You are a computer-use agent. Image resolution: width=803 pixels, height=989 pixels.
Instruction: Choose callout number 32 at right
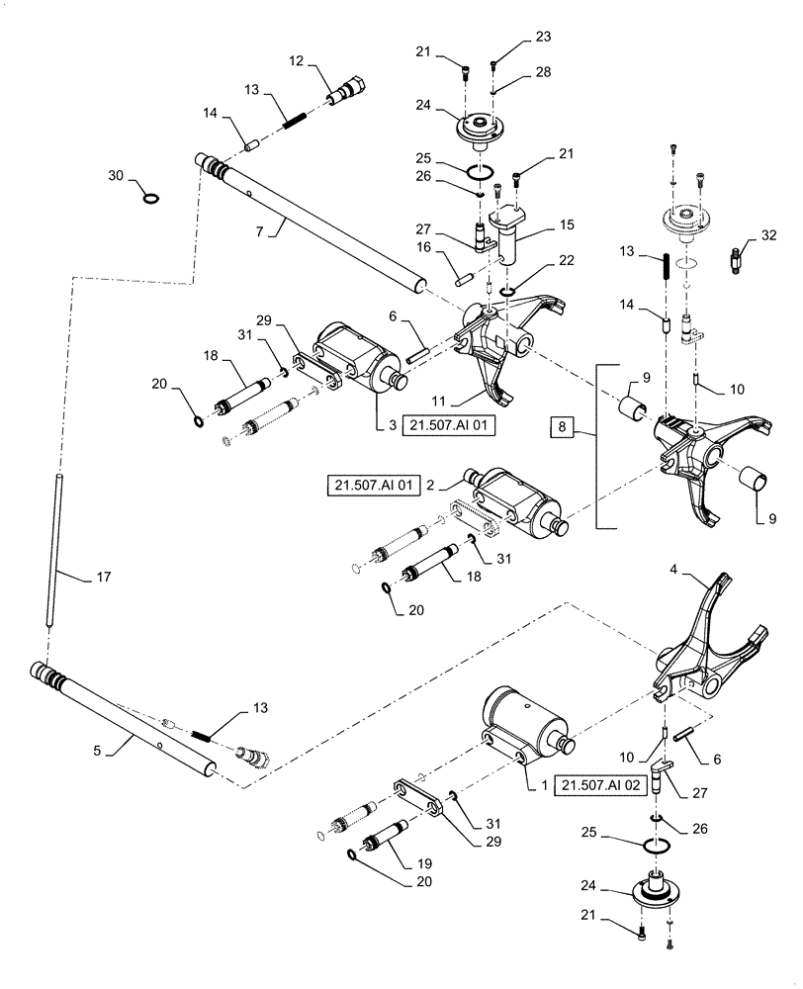coord(770,235)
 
